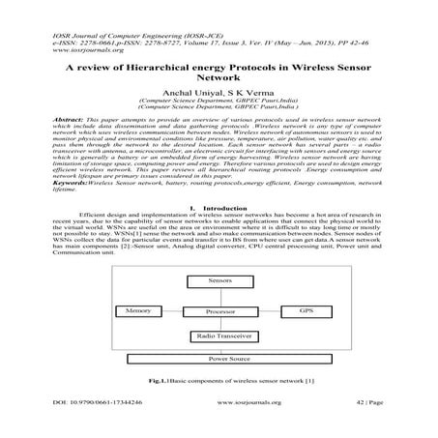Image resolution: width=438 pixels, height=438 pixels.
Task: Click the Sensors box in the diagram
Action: [x=220, y=279]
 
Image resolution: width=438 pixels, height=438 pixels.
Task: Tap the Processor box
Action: [x=220, y=313]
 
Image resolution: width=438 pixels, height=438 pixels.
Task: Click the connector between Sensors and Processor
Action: [x=220, y=297]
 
